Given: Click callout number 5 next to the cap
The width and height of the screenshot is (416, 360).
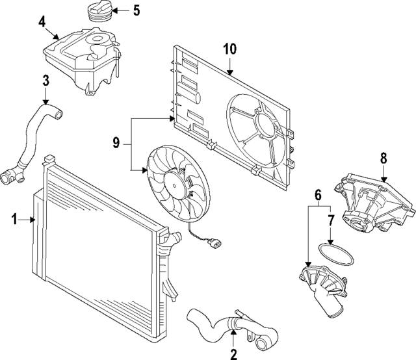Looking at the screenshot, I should point(136,10).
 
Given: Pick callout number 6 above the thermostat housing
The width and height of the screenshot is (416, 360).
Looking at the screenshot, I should point(318,194).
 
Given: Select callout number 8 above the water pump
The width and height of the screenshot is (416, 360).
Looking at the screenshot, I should point(383,157).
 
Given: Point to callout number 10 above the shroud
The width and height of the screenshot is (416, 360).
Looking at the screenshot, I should point(231,49).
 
